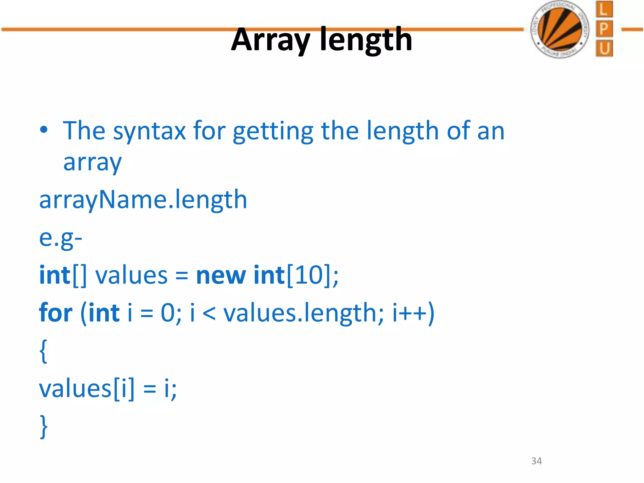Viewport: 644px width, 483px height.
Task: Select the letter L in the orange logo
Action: [604, 9]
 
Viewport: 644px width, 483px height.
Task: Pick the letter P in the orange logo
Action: [604, 29]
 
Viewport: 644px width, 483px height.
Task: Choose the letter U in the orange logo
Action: [604, 49]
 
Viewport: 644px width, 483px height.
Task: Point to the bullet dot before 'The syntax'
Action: [44, 130]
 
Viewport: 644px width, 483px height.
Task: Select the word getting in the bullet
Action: [273, 131]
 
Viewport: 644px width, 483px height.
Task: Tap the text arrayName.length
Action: [143, 200]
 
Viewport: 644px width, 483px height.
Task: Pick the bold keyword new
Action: [221, 275]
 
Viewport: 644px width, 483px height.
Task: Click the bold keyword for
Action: [56, 313]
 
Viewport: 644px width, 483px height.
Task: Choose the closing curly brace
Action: [44, 426]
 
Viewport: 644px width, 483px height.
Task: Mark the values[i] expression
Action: [86, 389]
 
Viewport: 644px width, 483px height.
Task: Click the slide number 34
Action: [536, 461]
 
